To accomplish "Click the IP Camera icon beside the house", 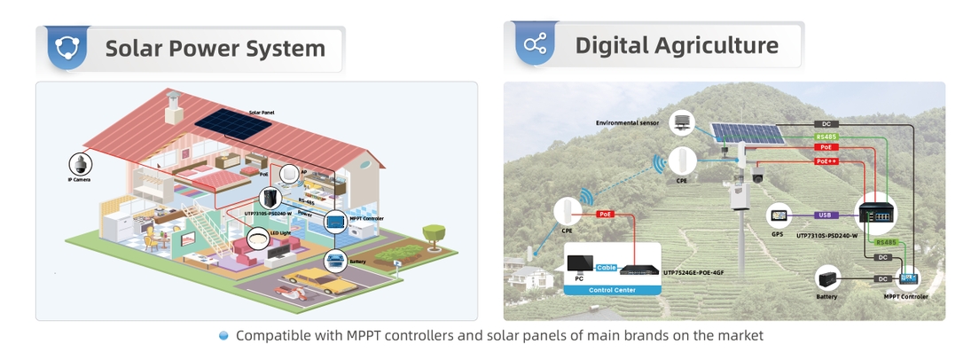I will [x=80, y=164].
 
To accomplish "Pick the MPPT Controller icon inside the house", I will [x=336, y=221].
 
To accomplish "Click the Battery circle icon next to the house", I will [x=335, y=260].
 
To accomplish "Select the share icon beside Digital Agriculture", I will [x=535, y=45].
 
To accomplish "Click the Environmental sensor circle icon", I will [x=682, y=122].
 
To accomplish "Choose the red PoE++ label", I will [x=826, y=161].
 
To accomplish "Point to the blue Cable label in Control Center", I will [x=607, y=267].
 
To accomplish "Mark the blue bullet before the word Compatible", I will [x=224, y=335].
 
